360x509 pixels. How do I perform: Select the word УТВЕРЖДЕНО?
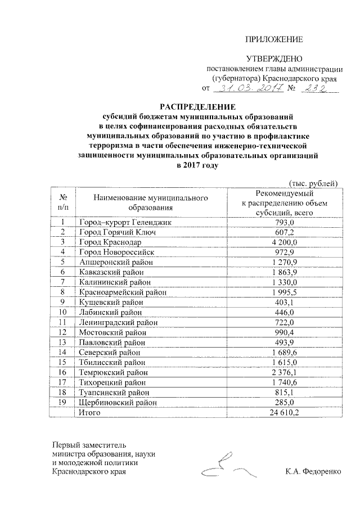click(275, 59)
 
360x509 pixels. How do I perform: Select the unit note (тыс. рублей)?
click(313, 182)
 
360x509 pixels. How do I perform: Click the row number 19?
click(62, 402)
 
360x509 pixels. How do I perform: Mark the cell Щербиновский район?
click(116, 402)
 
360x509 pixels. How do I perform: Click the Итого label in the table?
click(90, 412)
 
